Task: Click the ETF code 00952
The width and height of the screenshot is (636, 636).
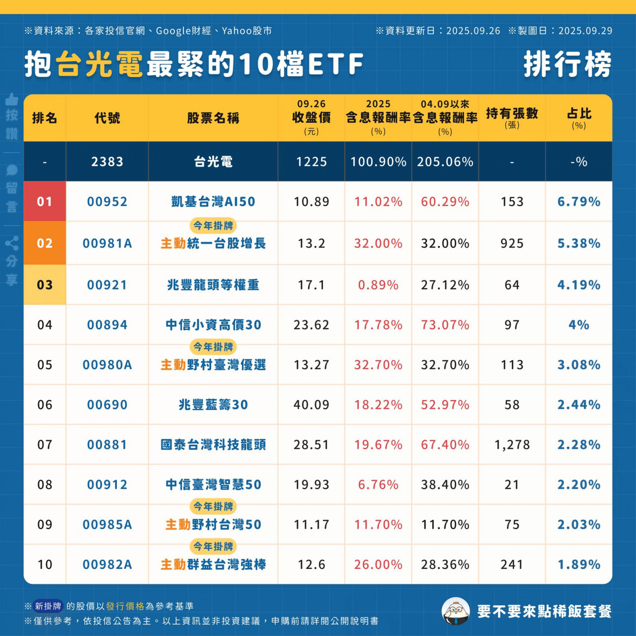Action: (107, 202)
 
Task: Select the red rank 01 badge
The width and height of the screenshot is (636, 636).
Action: (45, 202)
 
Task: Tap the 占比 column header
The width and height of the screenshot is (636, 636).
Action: (579, 118)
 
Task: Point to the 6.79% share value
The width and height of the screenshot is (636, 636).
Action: (579, 202)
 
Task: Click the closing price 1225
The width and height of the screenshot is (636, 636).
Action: (312, 162)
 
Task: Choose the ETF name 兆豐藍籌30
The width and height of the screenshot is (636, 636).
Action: (213, 405)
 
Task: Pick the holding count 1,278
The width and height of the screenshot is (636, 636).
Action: (512, 445)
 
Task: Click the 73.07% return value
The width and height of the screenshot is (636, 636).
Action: (445, 325)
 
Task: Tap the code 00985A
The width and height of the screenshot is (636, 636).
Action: (107, 525)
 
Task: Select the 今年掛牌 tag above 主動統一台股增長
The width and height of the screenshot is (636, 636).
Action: (213, 226)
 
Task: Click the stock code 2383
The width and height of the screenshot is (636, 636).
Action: (107, 162)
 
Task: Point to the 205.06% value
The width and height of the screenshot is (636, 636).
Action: (445, 162)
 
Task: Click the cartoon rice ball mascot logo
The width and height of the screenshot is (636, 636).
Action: (456, 611)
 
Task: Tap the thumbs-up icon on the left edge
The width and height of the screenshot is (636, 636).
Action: (12, 99)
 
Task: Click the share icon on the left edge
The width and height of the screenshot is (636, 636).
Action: (12, 243)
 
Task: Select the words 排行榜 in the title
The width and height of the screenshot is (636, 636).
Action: (567, 65)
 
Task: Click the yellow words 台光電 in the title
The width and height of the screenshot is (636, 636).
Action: (99, 65)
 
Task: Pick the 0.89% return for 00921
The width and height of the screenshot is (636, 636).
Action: (378, 285)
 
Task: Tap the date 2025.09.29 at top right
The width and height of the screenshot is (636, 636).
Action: (585, 31)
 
